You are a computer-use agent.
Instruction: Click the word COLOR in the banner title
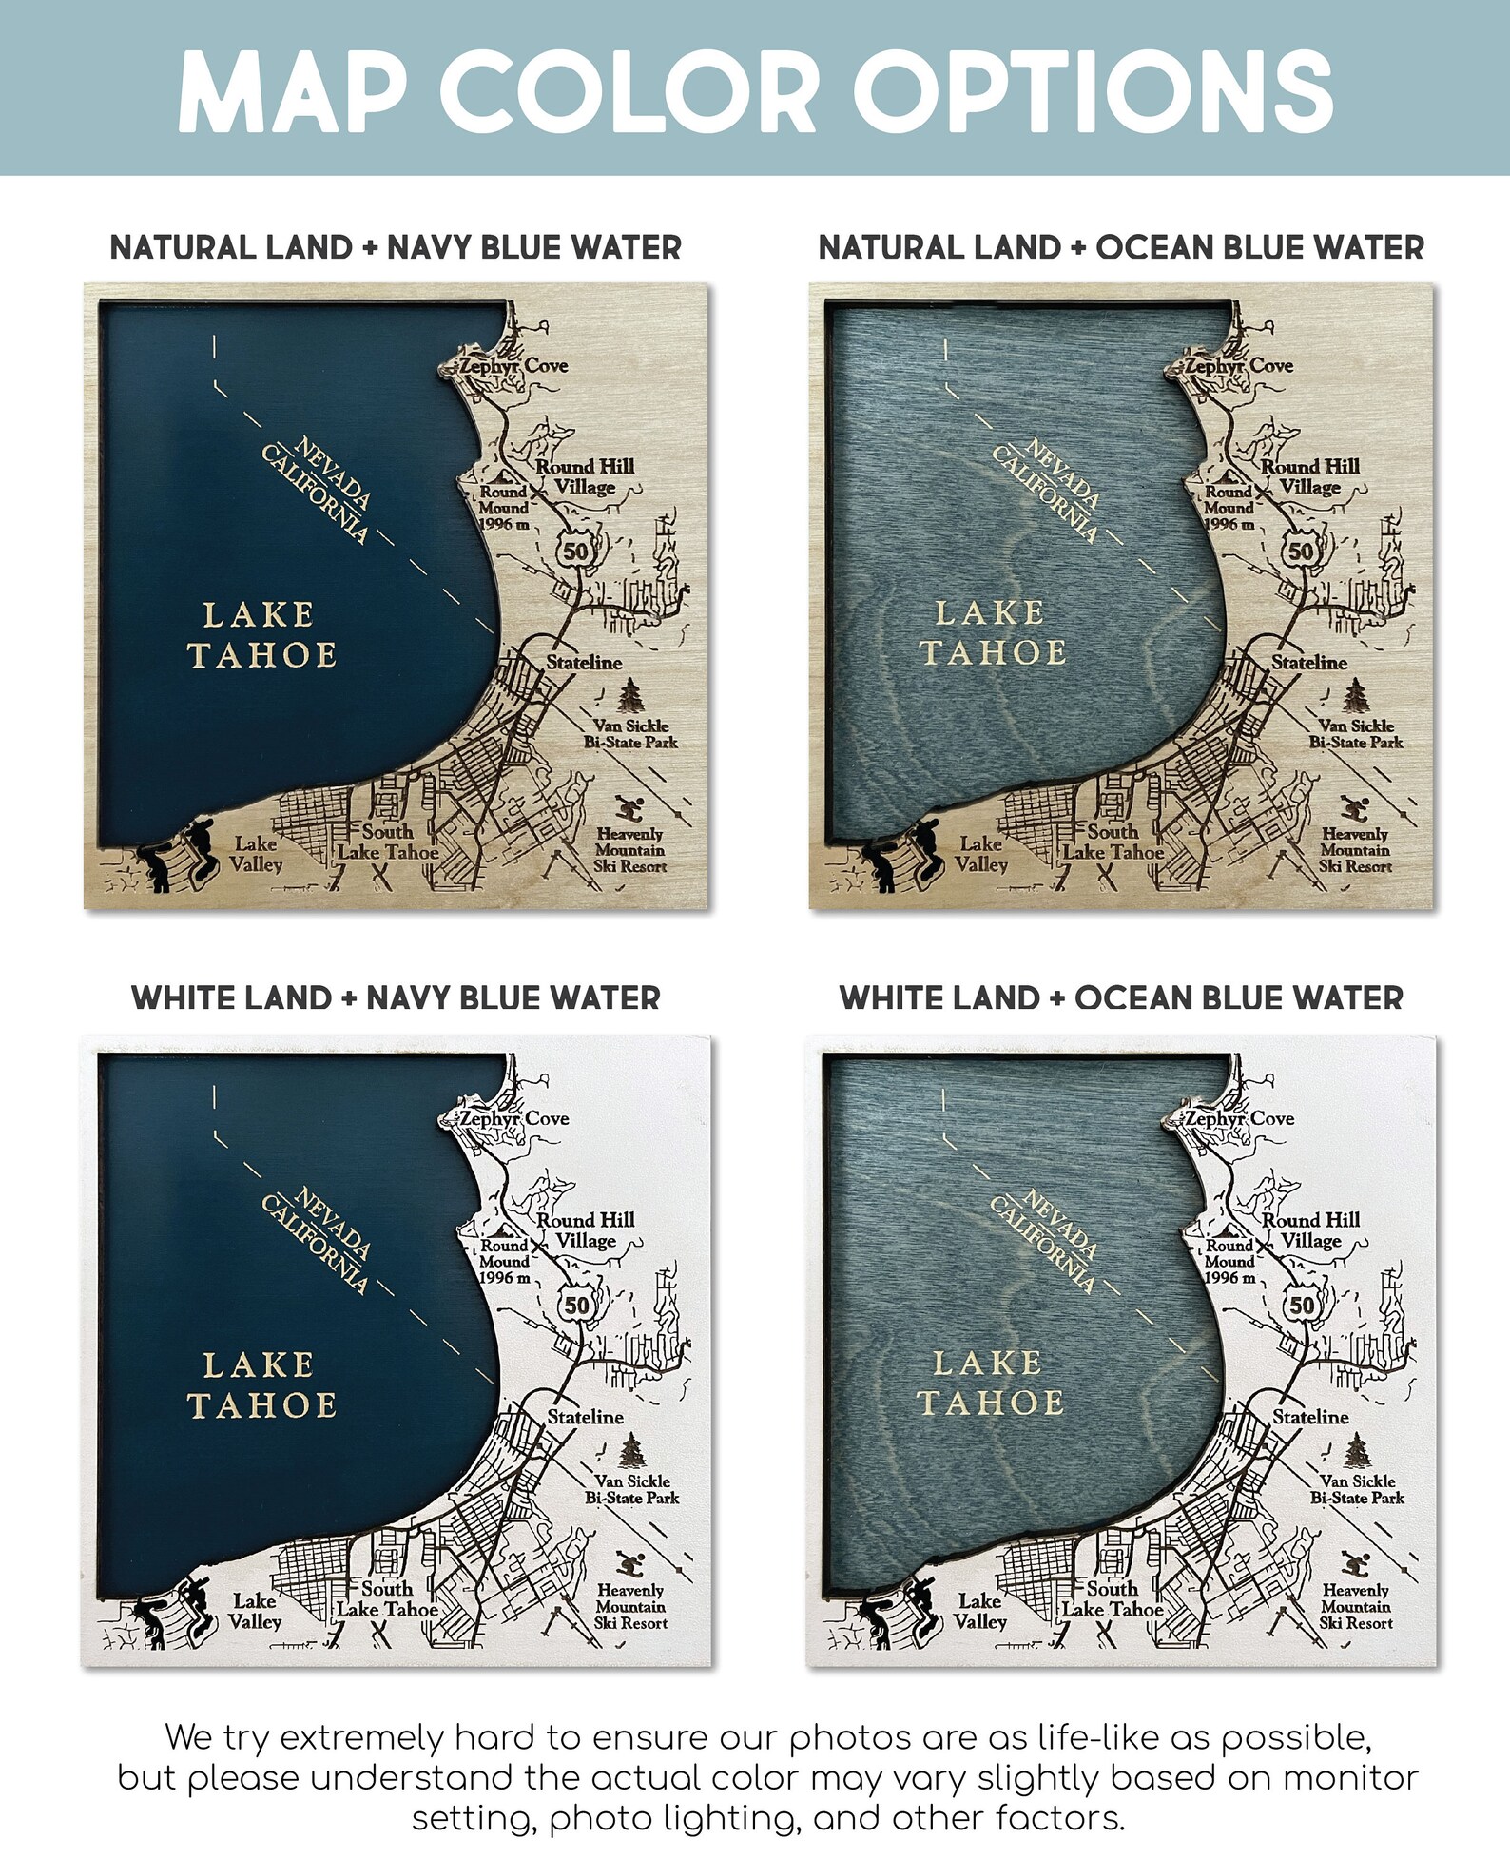tap(628, 92)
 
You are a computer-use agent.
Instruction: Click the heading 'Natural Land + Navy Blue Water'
tap(396, 248)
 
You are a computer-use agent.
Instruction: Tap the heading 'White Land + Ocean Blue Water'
tap(1121, 998)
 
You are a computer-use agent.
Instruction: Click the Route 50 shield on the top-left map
tap(575, 551)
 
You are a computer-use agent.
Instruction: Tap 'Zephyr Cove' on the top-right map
tap(1239, 365)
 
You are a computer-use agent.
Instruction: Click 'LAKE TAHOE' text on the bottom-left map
tap(261, 1385)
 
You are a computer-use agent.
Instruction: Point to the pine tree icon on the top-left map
tap(629, 695)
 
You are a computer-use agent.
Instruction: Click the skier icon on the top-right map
tap(1354, 808)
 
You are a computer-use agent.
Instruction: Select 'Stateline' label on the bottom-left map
tap(585, 1417)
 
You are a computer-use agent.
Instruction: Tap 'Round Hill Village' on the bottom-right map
tap(1310, 1229)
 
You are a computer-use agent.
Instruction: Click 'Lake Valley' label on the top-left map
tap(256, 854)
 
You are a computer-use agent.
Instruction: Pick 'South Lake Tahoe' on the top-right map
tap(1113, 842)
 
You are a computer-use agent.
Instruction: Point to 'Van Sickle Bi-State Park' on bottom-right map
tap(1357, 1489)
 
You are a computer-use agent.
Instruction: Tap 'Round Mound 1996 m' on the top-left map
tap(503, 508)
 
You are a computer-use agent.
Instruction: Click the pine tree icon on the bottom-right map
tap(1356, 1451)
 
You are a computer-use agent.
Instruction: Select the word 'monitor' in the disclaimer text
tap(1351, 1777)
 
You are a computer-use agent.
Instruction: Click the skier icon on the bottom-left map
tap(629, 1563)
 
